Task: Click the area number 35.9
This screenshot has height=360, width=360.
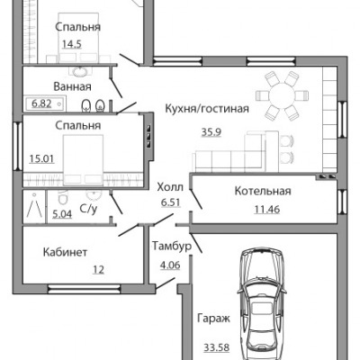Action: [211, 132]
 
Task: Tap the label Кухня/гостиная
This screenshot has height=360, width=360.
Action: [207, 109]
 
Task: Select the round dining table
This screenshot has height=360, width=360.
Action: [282, 96]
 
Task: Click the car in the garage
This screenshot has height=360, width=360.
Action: [260, 303]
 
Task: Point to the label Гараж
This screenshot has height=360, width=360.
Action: [213, 319]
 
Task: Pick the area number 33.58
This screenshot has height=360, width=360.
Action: [217, 347]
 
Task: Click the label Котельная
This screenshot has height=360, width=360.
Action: [263, 191]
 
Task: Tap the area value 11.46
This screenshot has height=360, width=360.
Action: [267, 209]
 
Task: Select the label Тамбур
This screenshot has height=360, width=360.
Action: [172, 247]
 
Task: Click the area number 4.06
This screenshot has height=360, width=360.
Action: [170, 265]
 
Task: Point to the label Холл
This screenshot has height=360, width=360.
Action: [170, 187]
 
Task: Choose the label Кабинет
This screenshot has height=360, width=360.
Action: [65, 252]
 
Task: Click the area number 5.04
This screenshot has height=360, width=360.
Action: [62, 214]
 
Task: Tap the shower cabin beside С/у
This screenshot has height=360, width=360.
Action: [34, 206]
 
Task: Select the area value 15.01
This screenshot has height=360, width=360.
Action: [41, 158]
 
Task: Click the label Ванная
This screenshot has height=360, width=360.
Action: [72, 87]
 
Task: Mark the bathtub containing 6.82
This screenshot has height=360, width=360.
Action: [45, 104]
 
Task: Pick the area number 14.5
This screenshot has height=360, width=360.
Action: [72, 45]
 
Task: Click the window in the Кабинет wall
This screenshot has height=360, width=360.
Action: [84, 289]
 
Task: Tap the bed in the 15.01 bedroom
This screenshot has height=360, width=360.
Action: [83, 159]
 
